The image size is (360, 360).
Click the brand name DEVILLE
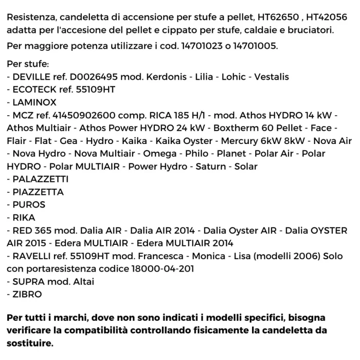coord(32,77)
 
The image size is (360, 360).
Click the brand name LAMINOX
coord(34,102)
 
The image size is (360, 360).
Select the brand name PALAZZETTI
coord(40,179)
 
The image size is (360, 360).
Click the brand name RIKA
coord(24,218)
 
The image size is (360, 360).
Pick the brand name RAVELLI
coord(32,256)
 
